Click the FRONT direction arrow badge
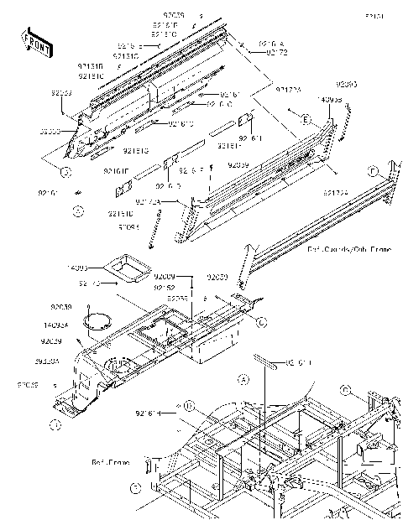pos(34,41)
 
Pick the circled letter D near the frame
pos(190,407)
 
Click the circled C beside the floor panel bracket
pos(261,320)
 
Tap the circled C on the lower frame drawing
pos(346,389)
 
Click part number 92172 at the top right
pos(278,52)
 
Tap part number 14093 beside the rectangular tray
pos(78,268)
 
